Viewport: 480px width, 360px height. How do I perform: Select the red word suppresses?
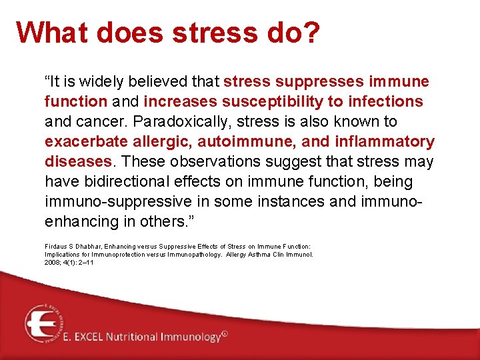coord(314,82)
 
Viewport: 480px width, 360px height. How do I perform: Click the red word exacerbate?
coord(83,142)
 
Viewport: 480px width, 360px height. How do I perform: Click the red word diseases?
coord(78,162)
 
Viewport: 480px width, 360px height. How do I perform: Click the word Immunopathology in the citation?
coord(189,254)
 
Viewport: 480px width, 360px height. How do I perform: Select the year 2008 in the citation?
coord(52,262)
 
